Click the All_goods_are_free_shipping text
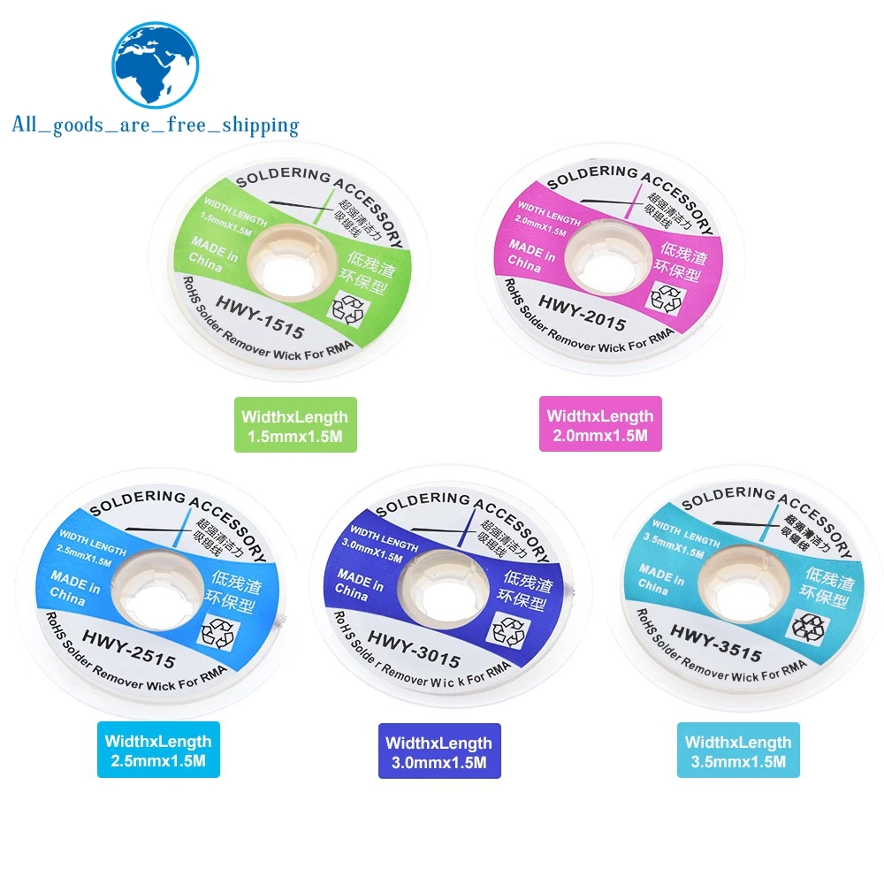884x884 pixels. (156, 125)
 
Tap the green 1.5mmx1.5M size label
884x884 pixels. (295, 424)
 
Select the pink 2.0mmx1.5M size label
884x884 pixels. (600, 424)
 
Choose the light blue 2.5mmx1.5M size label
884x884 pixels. (158, 750)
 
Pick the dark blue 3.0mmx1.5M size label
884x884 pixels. (439, 751)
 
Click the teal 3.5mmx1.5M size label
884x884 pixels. (738, 750)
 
